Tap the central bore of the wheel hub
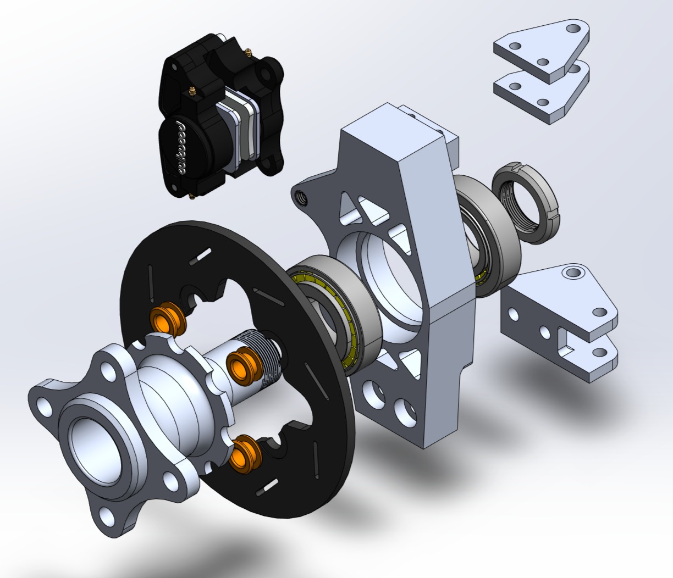point(92,440)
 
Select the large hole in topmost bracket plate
point(572,27)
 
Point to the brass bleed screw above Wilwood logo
point(192,92)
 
